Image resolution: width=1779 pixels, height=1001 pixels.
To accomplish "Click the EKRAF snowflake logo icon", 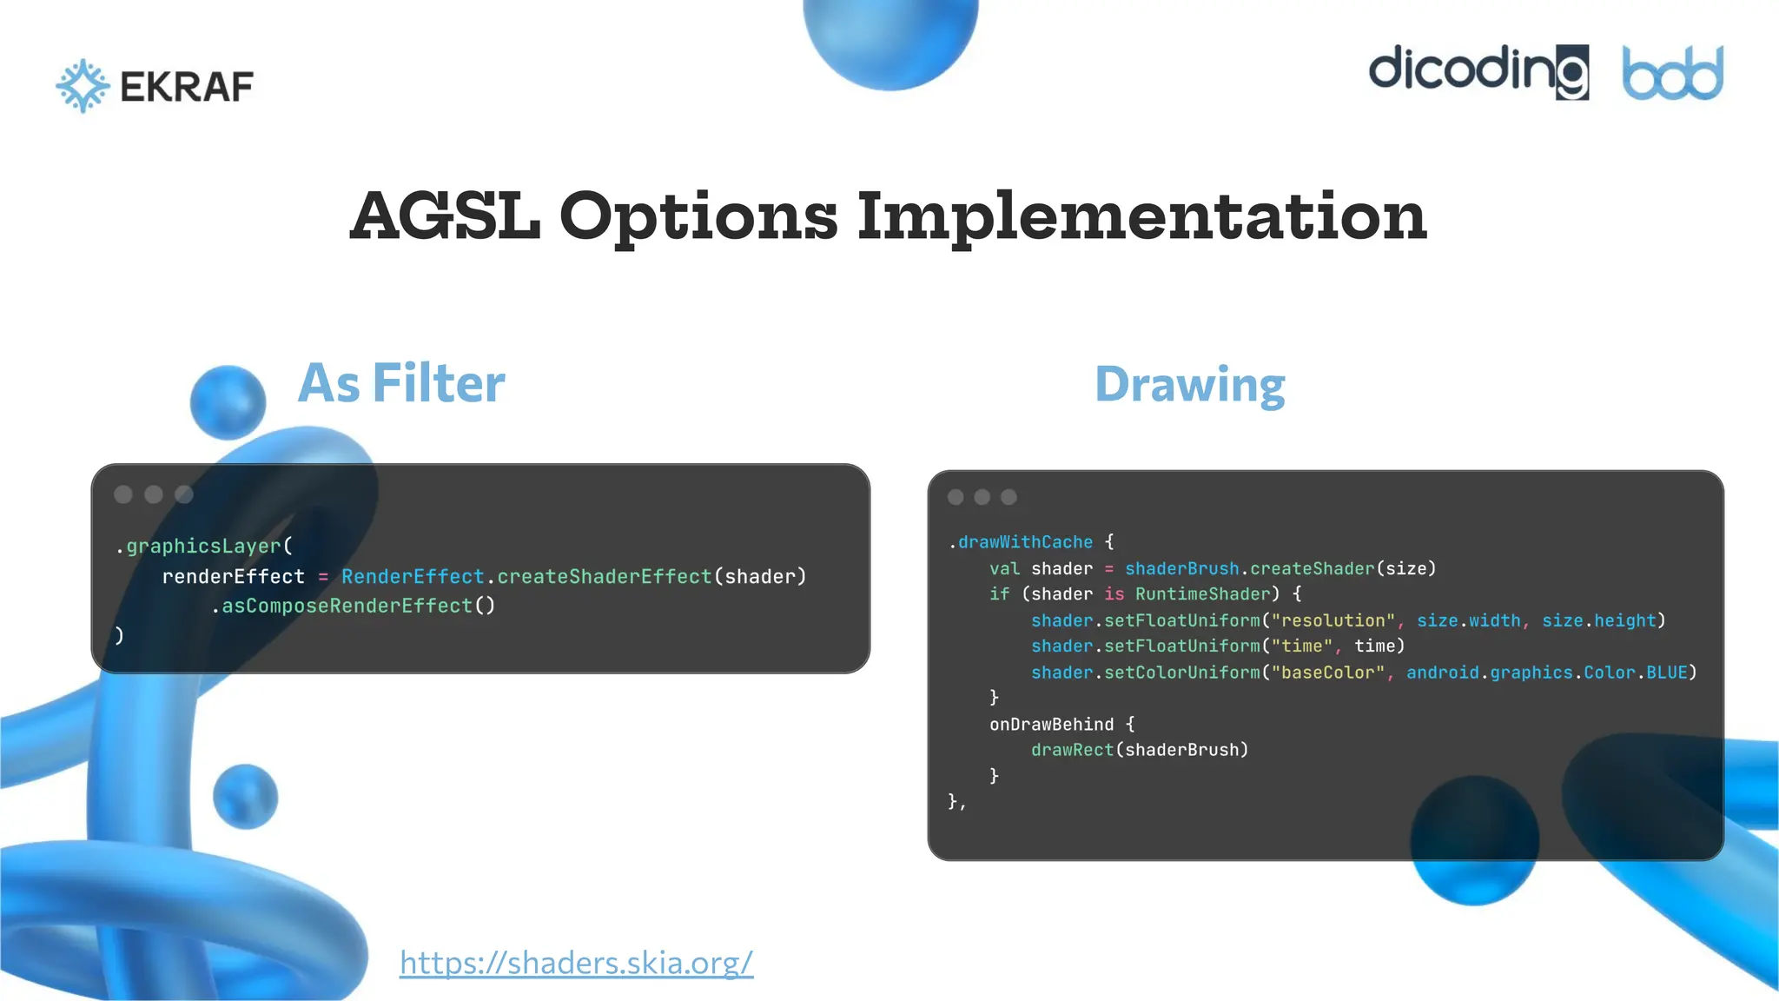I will coord(83,85).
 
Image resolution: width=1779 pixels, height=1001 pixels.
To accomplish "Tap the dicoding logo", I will coord(1478,71).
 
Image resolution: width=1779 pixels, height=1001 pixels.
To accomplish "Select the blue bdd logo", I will coord(1672,73).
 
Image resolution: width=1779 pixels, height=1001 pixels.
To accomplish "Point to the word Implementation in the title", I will coord(1141,217).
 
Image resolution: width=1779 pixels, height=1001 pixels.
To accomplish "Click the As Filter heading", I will coord(401,383).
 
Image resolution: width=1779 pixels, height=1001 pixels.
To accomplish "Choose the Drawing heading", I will coord(1189,384).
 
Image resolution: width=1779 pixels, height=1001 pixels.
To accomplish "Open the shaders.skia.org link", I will coord(576,963).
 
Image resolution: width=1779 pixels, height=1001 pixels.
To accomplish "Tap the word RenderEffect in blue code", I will coord(413,576).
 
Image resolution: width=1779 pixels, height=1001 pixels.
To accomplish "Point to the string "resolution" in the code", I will coord(1333,620).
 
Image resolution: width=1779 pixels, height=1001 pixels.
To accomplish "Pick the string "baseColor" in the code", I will coord(1327,673).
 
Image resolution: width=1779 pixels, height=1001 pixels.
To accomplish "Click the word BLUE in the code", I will coord(1667,673).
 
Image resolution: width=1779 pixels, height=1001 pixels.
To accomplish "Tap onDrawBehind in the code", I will coord(1051,724).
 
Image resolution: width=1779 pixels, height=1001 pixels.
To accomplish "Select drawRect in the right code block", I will coord(1072,750).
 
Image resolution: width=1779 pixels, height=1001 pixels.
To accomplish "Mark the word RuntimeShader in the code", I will coord(1203,594).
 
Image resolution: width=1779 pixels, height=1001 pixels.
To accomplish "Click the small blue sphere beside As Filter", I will coord(228,401).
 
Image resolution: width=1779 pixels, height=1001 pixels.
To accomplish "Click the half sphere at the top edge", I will coord(890,39).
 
